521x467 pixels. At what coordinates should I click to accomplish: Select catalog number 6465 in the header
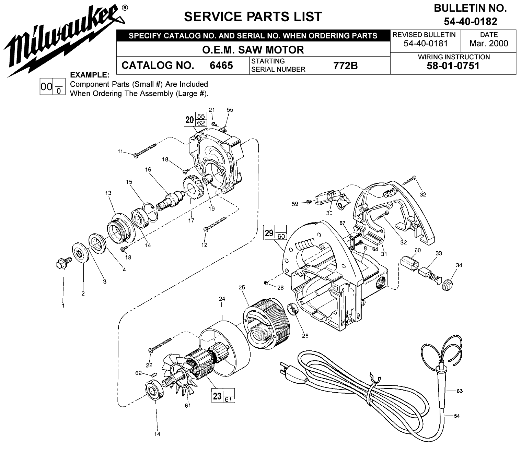(221, 65)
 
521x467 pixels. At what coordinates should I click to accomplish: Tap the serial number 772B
(345, 65)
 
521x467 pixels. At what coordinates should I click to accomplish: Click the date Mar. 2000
(488, 44)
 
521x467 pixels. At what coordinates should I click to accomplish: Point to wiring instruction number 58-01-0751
(453, 66)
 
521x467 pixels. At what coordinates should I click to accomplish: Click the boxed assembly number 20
(189, 120)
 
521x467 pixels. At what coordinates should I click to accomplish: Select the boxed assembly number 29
(269, 233)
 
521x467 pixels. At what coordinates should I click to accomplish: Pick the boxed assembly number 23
(217, 396)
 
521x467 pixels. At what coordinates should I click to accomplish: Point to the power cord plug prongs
(283, 367)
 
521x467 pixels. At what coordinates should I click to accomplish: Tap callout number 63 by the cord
(460, 391)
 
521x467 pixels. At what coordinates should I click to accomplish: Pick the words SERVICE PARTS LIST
(253, 16)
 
